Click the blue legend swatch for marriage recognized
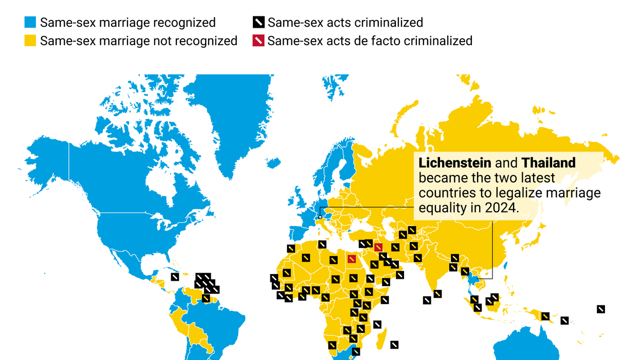30,23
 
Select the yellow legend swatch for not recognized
30,41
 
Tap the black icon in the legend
259,23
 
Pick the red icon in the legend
259,41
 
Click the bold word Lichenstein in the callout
455,164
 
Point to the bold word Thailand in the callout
548,164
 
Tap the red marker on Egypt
352,259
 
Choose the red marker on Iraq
378,247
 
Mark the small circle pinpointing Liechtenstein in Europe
320,217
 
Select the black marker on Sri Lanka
437,294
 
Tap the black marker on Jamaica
175,277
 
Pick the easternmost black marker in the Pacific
600,309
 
